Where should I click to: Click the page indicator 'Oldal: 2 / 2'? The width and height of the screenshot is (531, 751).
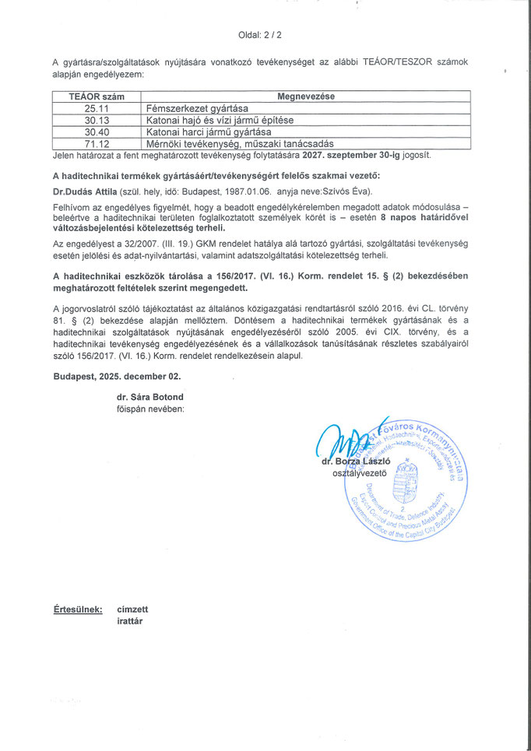click(x=265, y=35)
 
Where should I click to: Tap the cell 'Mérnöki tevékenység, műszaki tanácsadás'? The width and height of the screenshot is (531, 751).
click(x=229, y=143)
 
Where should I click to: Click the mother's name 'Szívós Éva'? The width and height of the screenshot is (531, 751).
click(x=350, y=191)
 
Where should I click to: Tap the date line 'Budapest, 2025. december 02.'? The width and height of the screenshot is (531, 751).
click(x=117, y=376)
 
